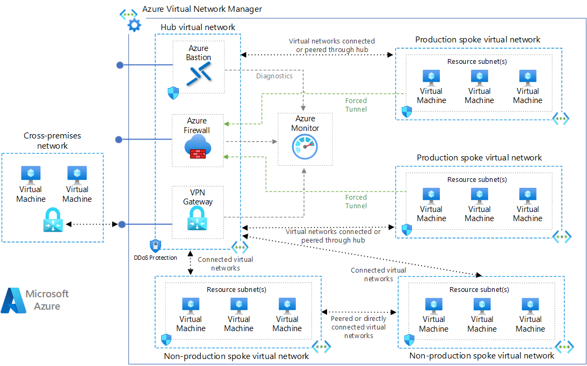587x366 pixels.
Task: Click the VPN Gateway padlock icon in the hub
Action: (198, 219)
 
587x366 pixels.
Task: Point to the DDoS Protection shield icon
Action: (155, 246)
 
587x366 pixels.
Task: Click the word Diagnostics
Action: (274, 76)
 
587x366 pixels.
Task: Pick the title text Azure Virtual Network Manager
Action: (202, 9)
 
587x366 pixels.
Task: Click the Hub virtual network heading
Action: (198, 27)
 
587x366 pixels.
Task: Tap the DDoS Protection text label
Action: (155, 258)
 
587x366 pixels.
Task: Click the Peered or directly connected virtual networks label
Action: (359, 327)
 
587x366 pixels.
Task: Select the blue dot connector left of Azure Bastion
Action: (120, 65)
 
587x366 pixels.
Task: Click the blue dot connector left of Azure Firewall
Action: (120, 140)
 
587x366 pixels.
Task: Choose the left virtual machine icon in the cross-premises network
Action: (31, 174)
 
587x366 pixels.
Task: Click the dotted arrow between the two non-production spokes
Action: (359, 312)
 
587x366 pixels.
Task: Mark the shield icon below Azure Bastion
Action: (173, 93)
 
